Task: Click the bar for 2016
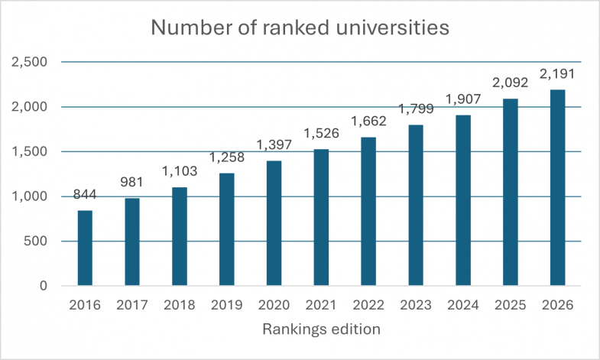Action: tap(85, 248)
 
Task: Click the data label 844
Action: tap(85, 195)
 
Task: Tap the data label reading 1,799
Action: tap(416, 109)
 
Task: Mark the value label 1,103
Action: tap(180, 172)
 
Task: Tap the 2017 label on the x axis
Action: tap(132, 305)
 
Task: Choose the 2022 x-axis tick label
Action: tap(368, 305)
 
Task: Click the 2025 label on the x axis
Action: tap(510, 305)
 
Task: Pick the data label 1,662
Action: tap(368, 122)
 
